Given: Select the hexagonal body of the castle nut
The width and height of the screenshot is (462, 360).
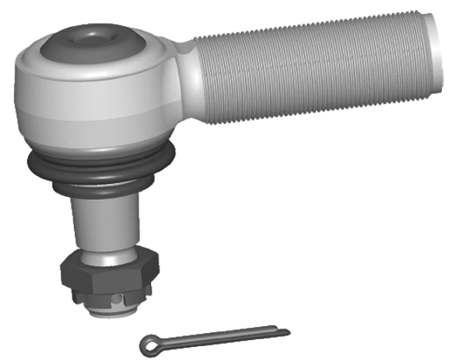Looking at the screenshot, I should (x=108, y=272).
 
